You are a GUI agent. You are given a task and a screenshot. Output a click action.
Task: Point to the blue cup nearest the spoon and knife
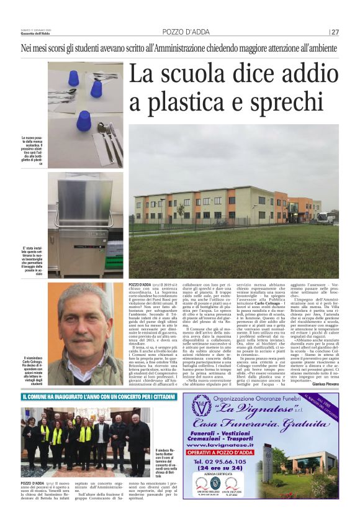point(84,119)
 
